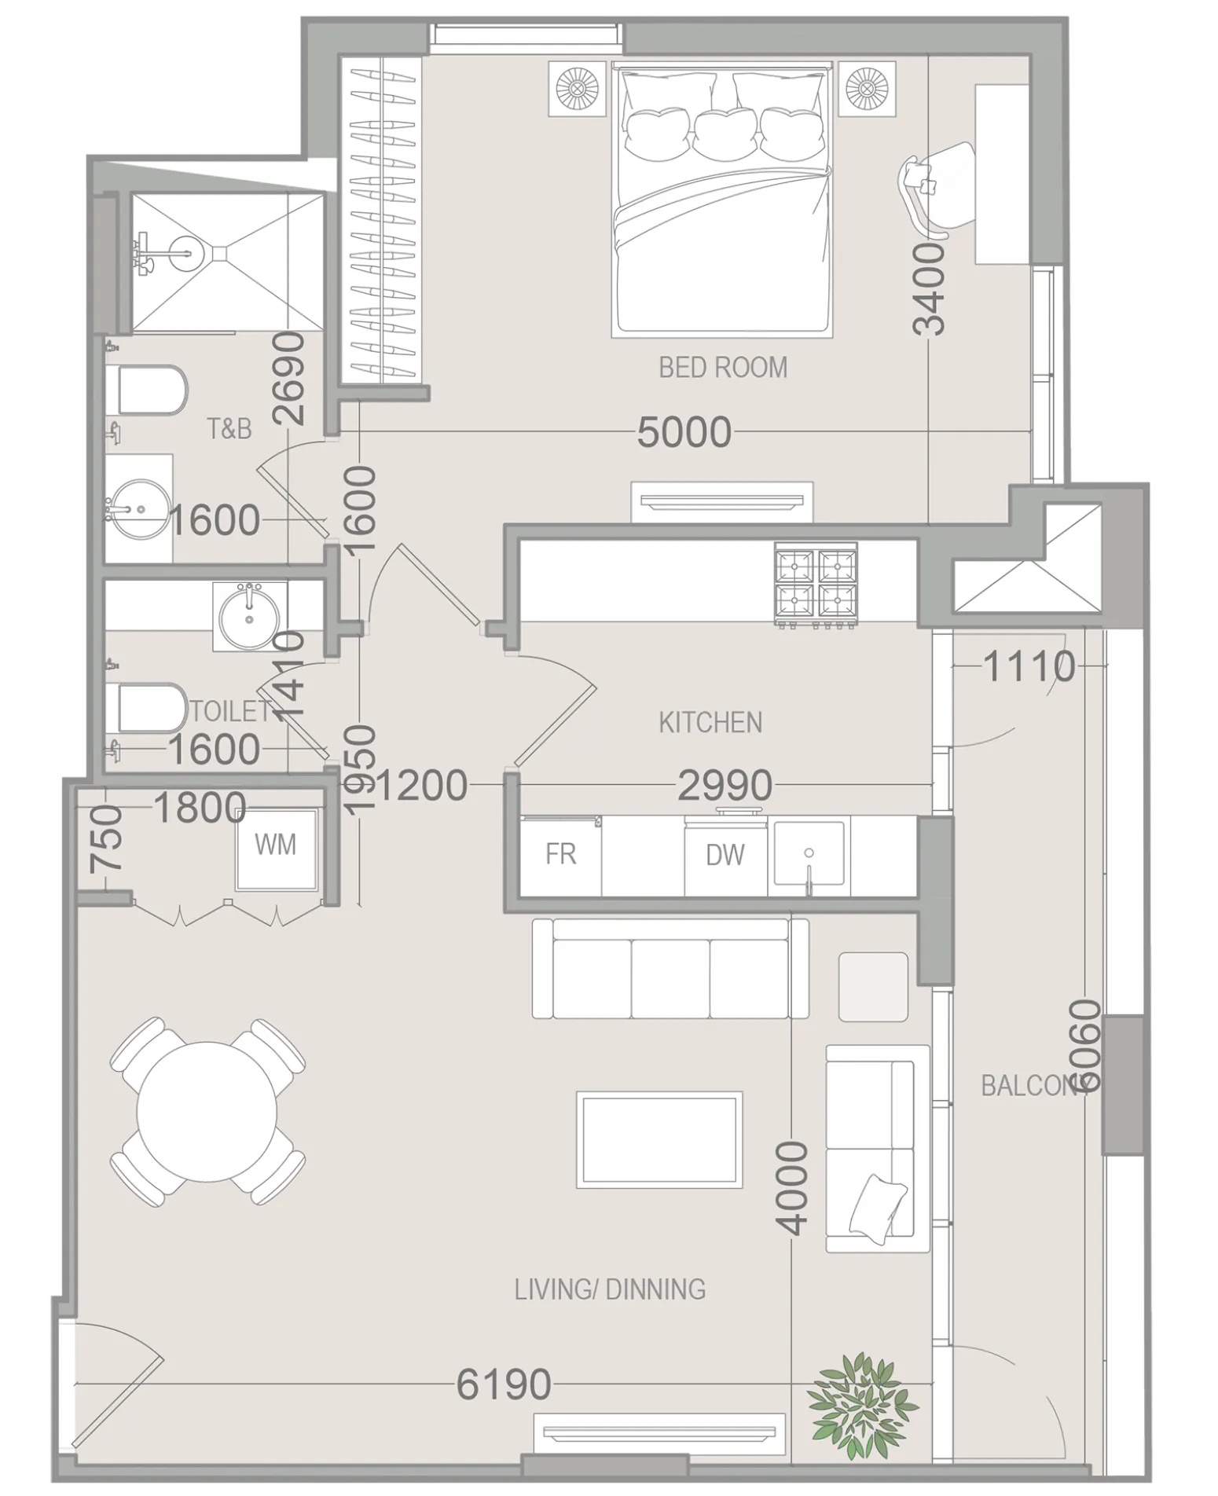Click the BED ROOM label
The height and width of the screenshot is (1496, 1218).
click(x=722, y=367)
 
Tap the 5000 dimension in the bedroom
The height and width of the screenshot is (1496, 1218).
click(x=684, y=431)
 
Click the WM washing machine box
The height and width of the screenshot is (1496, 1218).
click(x=277, y=847)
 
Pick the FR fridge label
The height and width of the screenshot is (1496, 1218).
click(x=560, y=854)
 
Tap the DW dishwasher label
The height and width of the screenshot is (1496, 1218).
click(x=725, y=855)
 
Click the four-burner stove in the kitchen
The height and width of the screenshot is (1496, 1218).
click(x=816, y=583)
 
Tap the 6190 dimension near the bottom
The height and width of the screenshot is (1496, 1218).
click(x=504, y=1384)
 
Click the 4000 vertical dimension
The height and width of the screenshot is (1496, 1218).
click(x=792, y=1187)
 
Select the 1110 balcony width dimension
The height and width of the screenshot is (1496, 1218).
click(x=1028, y=667)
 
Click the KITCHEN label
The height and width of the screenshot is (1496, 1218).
click(x=710, y=722)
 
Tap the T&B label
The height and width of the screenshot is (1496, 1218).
click(x=229, y=429)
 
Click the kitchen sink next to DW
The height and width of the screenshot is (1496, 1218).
click(x=809, y=853)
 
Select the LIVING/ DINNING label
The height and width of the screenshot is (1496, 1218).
click(x=610, y=1289)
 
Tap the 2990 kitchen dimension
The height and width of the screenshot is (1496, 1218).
click(x=724, y=785)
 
